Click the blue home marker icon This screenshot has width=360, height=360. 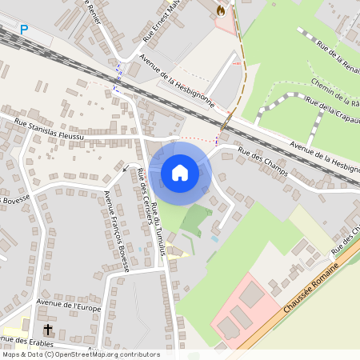click(x=180, y=172)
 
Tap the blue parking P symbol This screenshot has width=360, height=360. click(x=24, y=30)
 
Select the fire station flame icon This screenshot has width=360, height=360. click(x=220, y=10)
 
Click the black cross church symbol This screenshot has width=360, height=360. click(x=47, y=330)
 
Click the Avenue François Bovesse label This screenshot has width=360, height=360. click(x=117, y=232)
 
